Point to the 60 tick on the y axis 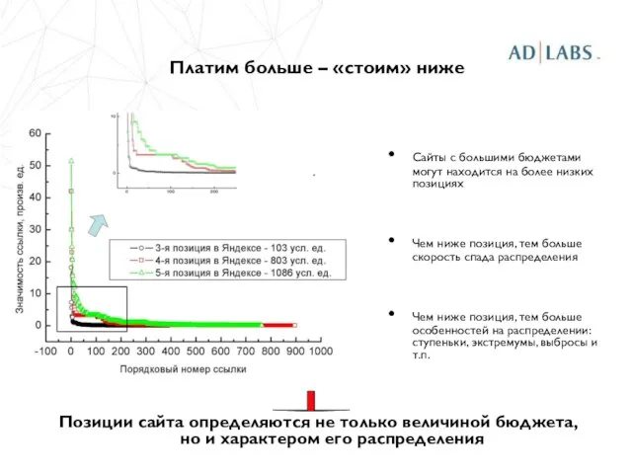(35, 133)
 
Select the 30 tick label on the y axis (35, 229)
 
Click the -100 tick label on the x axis (44, 350)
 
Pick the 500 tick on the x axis (195, 350)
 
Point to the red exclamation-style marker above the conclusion (311, 400)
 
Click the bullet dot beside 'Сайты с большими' (394, 155)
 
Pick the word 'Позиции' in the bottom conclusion (95, 422)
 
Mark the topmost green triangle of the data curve (71, 160)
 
